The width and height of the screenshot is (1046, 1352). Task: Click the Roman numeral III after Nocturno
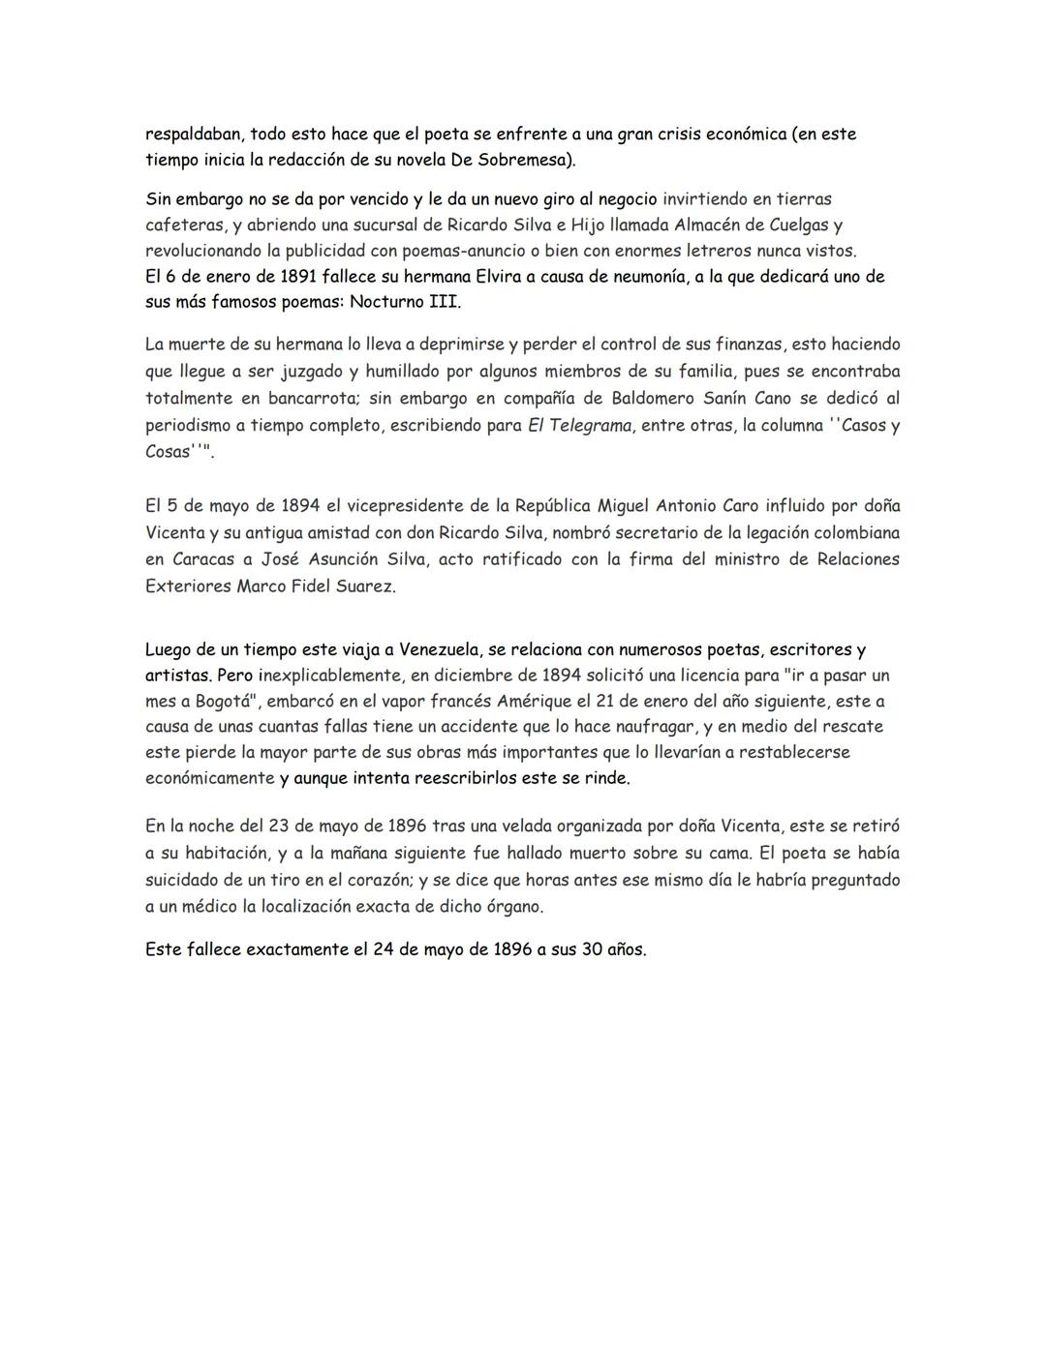click(x=444, y=302)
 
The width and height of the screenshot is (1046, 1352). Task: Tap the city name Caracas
click(x=205, y=559)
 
